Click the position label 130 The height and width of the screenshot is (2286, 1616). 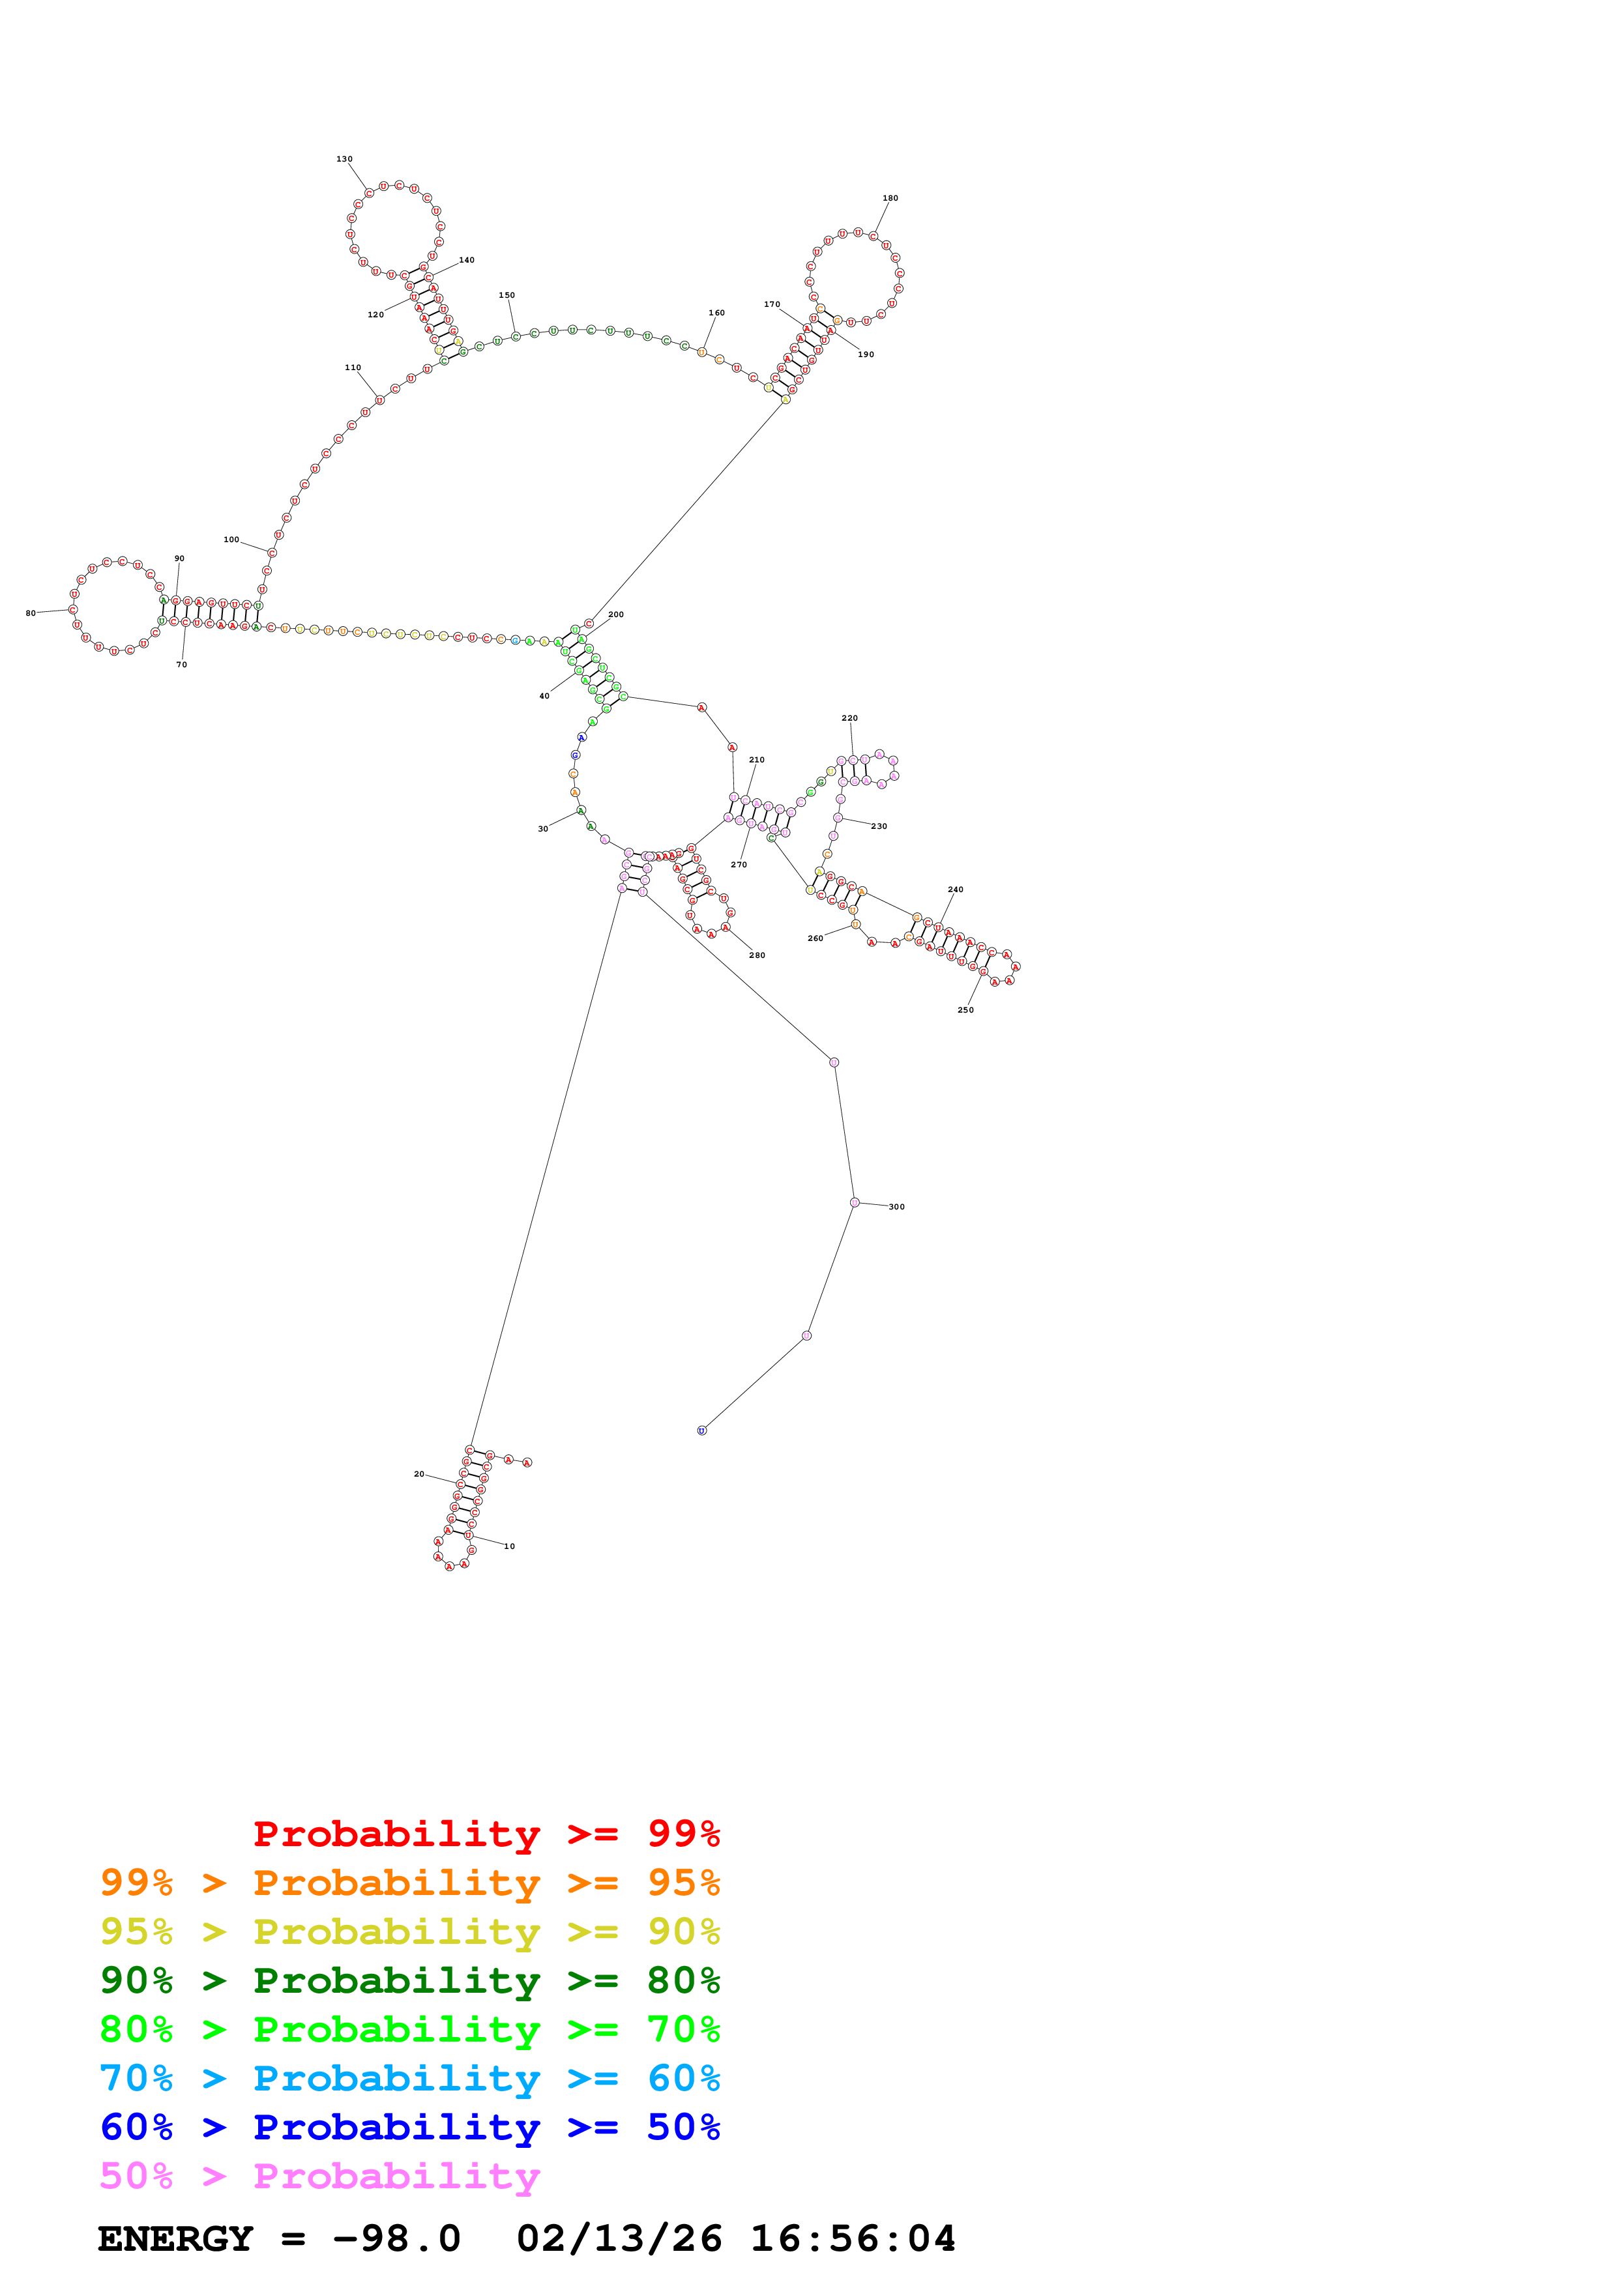pyautogui.click(x=344, y=159)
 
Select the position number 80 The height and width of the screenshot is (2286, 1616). pyautogui.click(x=30, y=613)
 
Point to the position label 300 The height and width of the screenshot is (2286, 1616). pyautogui.click(x=896, y=1207)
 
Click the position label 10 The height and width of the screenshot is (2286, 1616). pyautogui.click(x=509, y=1546)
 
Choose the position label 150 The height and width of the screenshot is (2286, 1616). pyautogui.click(x=506, y=296)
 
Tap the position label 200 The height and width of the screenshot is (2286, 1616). pyautogui.click(x=615, y=615)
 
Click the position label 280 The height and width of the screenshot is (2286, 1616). pyautogui.click(x=757, y=955)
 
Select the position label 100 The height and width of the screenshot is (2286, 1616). pyautogui.click(x=231, y=540)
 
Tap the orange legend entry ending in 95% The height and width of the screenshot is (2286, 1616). pyautogui.click(x=409, y=1882)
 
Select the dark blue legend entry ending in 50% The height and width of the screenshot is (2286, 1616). pyautogui.click(x=409, y=2127)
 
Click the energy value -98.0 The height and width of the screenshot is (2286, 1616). pyautogui.click(x=396, y=2238)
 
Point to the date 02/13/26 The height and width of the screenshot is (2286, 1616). pyautogui.click(x=619, y=2238)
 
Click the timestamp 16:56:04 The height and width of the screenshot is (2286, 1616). pyautogui.click(x=852, y=2238)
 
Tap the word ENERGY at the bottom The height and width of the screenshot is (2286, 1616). pyautogui.click(x=175, y=2238)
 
